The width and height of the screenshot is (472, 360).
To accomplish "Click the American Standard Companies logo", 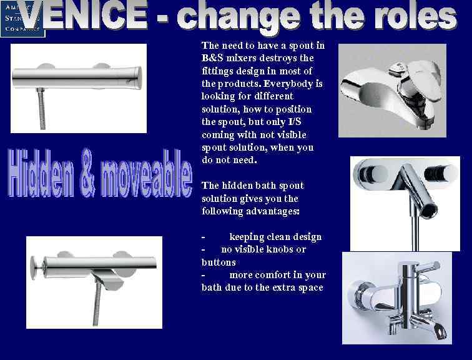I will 22,18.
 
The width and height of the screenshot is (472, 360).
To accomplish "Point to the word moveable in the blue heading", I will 144,172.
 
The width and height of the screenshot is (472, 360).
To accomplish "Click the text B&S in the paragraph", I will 212,58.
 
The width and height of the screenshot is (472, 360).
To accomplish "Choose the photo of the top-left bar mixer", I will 79,88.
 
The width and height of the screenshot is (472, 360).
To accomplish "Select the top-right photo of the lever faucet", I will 392,90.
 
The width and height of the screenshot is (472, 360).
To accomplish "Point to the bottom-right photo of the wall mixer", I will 396,297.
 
